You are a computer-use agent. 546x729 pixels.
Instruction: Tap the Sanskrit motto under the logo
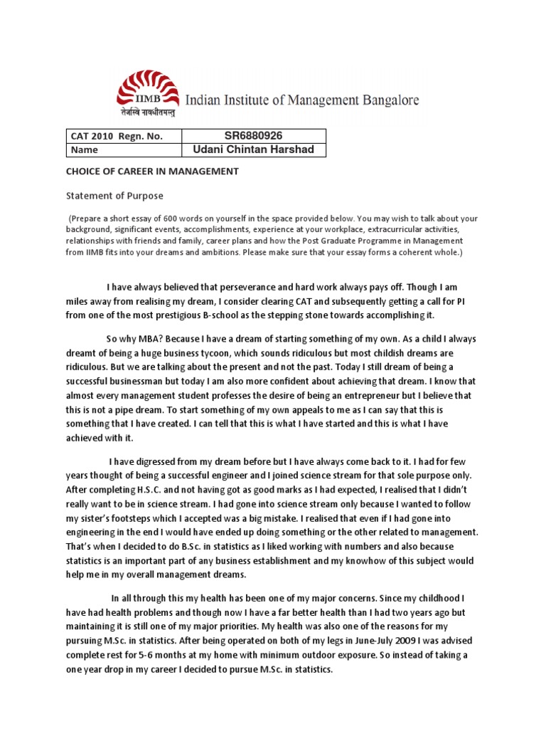coord(147,112)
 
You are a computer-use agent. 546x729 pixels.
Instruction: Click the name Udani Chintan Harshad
coord(244,150)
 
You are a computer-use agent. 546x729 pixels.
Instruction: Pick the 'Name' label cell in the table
coord(84,150)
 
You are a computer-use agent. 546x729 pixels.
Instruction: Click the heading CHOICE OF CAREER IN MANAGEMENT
coord(152,172)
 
